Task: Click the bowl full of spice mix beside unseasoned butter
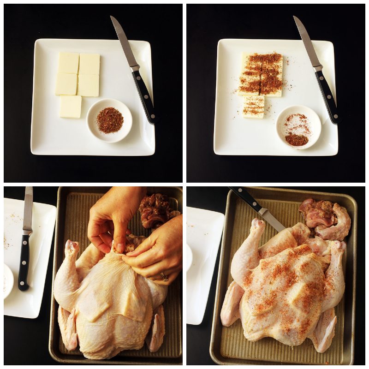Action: pos(109,120)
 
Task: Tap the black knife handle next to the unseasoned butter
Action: pos(144,97)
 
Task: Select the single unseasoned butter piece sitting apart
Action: pos(71,107)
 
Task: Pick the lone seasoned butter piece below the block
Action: pos(254,107)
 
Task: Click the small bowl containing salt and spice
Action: pos(298,127)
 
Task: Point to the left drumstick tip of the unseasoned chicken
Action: pos(71,244)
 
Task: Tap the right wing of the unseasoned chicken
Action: pos(157,323)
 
